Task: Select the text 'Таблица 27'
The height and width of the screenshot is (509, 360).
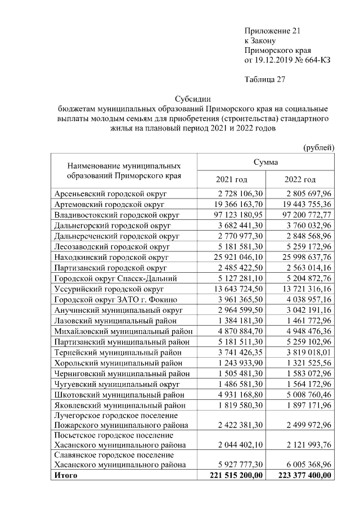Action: click(265, 79)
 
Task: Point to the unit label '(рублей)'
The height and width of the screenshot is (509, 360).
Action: click(319, 147)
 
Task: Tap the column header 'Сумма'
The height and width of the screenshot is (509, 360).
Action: click(264, 161)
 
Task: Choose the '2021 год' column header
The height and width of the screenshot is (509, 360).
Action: click(232, 179)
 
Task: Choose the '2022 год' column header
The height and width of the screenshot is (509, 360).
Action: click(300, 179)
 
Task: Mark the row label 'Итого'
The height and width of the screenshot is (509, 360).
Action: click(65, 475)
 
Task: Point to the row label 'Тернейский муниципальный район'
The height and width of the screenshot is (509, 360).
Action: click(118, 352)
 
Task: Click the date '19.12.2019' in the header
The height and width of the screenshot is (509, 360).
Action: click(274, 60)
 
